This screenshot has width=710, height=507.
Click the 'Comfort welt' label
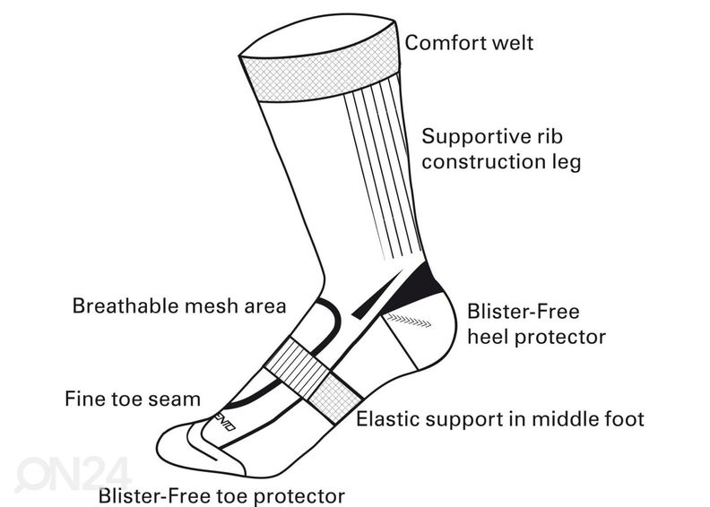pos(469,42)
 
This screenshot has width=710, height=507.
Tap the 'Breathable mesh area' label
pos(178,306)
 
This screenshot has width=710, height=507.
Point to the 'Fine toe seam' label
pos(133,398)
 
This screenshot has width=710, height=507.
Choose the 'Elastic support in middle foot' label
pos(500,419)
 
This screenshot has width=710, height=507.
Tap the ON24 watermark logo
pos(72,473)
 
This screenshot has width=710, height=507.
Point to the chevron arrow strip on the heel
pos(409,319)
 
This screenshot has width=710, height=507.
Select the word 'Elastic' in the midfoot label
pos(391,419)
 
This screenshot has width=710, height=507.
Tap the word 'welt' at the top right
pos(514,42)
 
